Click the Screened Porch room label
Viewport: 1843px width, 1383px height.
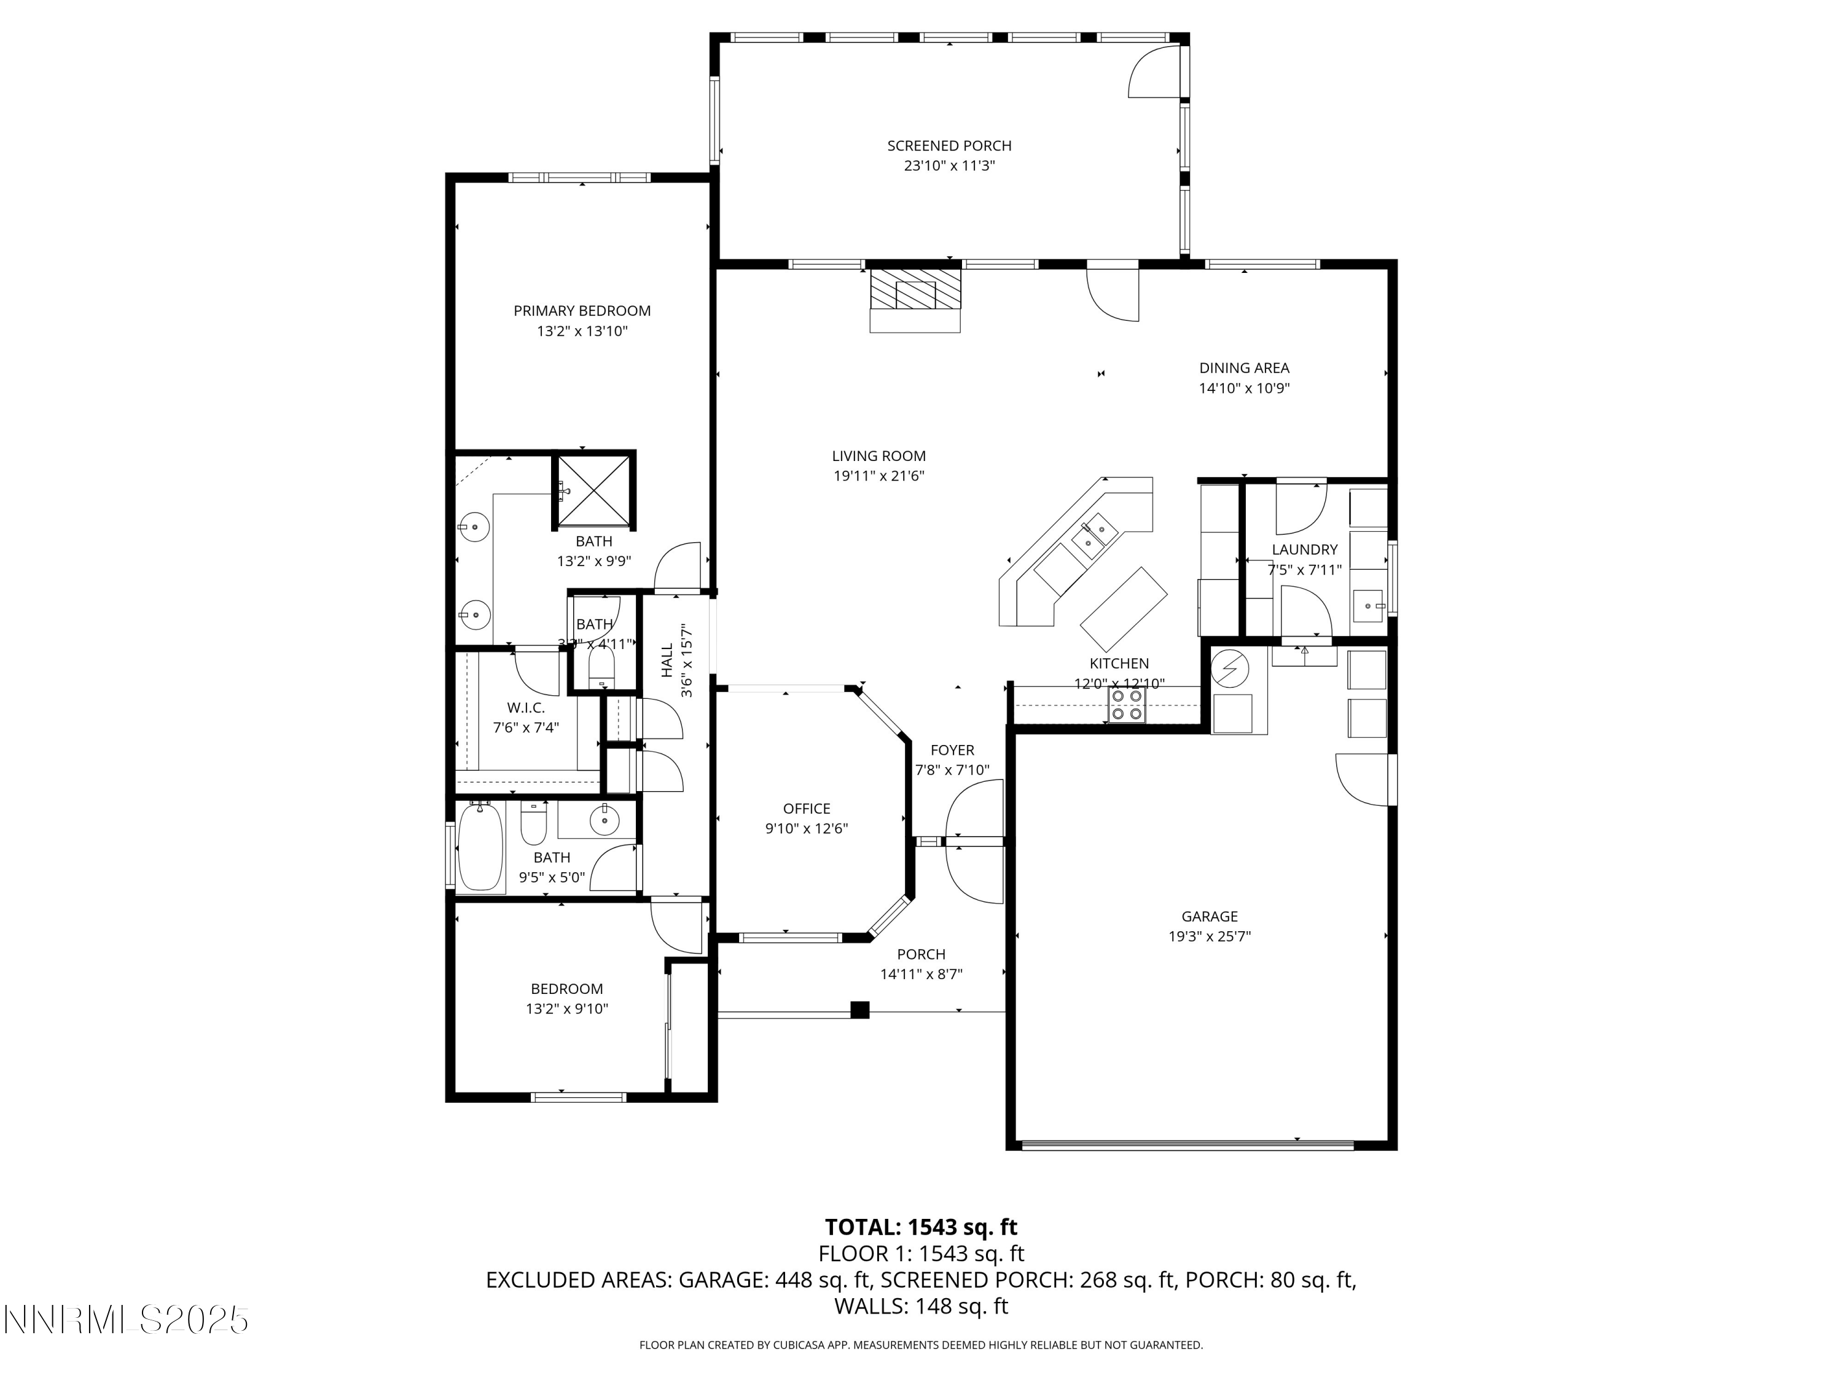(x=949, y=146)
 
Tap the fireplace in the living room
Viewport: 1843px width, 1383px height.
(x=915, y=293)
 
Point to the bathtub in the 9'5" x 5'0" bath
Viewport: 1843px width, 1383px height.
(x=481, y=846)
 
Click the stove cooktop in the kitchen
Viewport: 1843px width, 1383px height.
(x=1127, y=714)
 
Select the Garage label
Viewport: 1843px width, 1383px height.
(x=1209, y=916)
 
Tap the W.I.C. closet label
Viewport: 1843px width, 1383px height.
(x=526, y=707)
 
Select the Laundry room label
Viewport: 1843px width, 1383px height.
(x=1304, y=550)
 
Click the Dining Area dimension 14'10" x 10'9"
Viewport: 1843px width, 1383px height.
(x=1244, y=388)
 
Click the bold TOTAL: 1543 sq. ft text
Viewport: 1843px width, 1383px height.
(x=921, y=1227)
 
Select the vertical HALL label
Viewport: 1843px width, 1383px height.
(x=667, y=660)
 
